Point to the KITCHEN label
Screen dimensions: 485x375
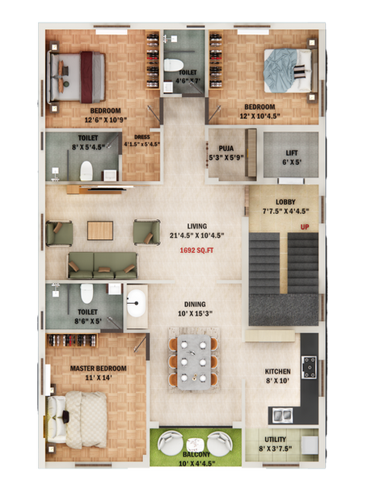click(277, 372)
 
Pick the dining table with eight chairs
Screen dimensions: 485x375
click(193, 360)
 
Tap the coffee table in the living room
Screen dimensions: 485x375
click(99, 230)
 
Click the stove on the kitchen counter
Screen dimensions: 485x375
click(309, 368)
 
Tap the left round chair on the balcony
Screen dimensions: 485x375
click(171, 442)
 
